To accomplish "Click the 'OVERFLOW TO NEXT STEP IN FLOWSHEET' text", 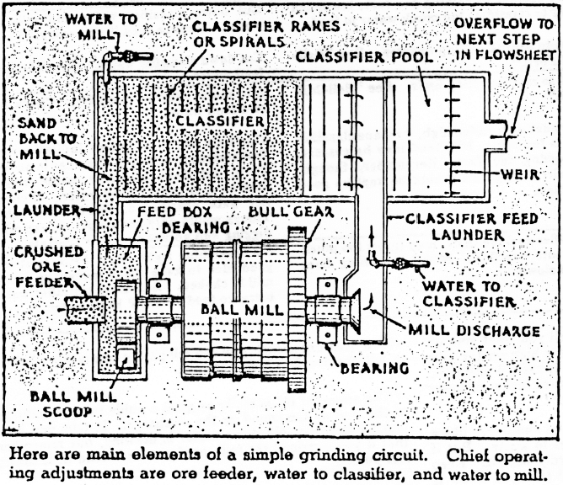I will click(506, 40).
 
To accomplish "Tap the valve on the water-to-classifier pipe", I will click(396, 264).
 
